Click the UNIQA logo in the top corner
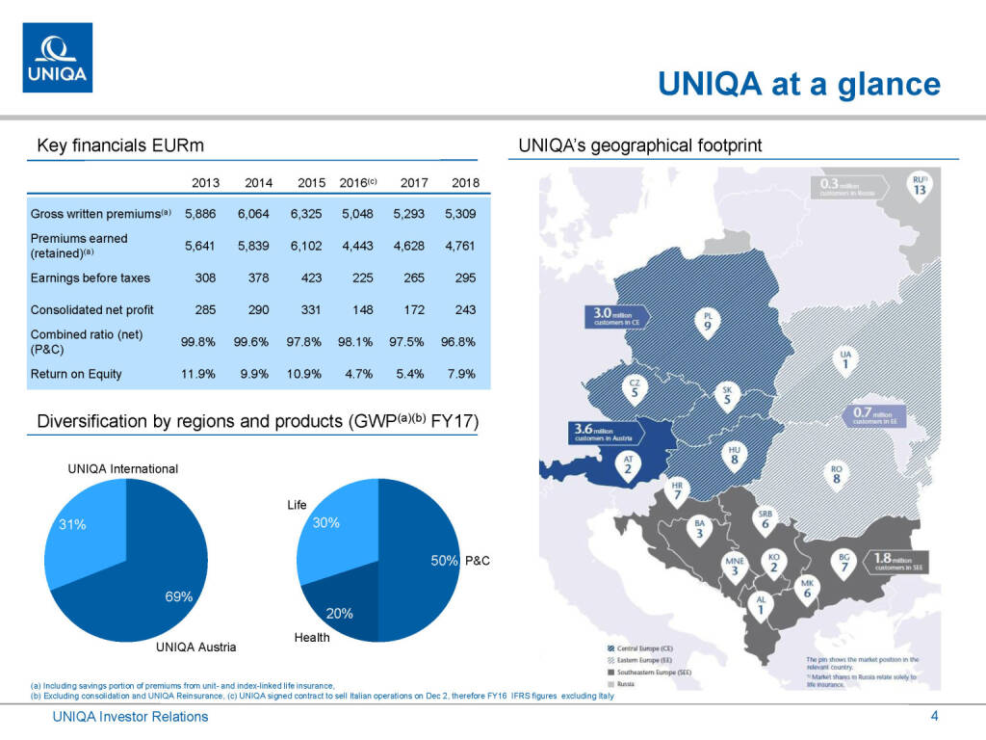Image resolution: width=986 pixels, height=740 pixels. pyautogui.click(x=58, y=58)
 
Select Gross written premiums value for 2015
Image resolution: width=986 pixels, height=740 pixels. pyautogui.click(x=311, y=213)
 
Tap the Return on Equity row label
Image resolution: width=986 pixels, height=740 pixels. pyautogui.click(x=76, y=374)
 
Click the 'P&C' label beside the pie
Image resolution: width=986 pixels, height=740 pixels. pyautogui.click(x=479, y=561)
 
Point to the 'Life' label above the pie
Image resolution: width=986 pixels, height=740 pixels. pyautogui.click(x=297, y=504)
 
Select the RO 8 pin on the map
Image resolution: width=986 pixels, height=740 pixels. pyautogui.click(x=837, y=474)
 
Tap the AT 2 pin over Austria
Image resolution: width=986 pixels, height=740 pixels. pyautogui.click(x=627, y=465)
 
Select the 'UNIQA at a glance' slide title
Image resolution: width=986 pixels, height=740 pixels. pyautogui.click(x=798, y=84)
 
